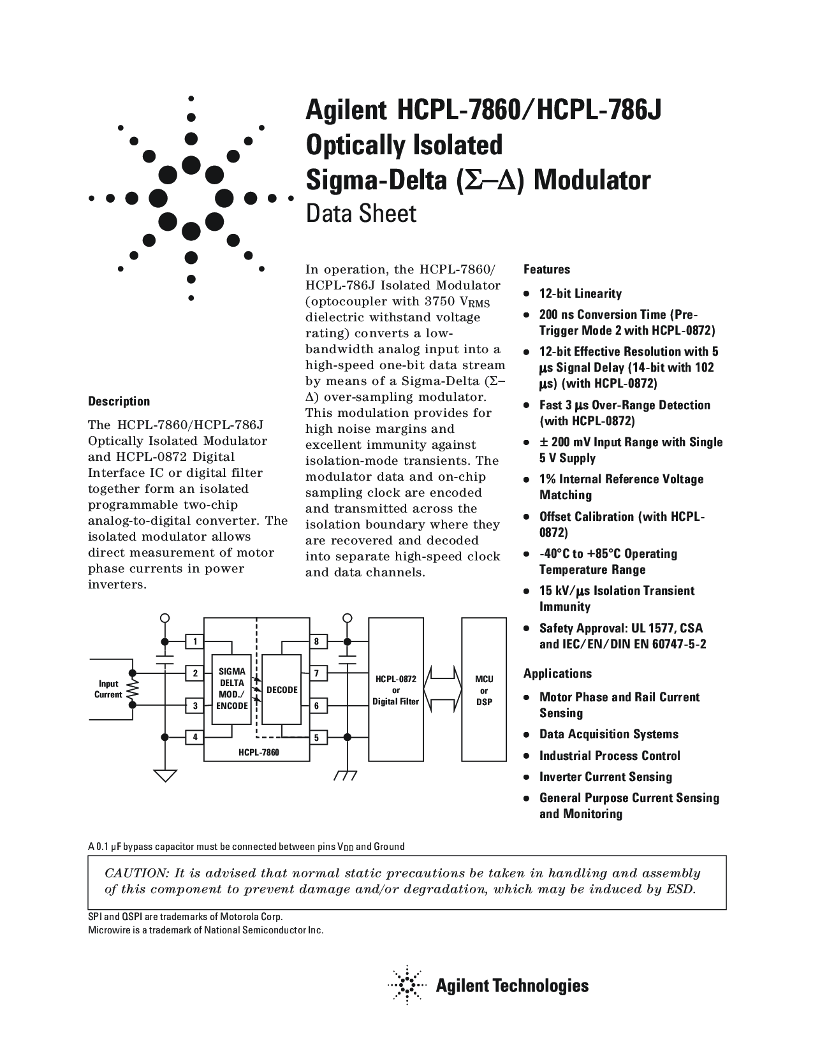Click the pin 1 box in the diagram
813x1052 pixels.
[195, 641]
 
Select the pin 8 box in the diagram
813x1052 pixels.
[317, 641]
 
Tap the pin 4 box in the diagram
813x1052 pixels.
[195, 738]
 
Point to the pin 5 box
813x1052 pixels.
[317, 738]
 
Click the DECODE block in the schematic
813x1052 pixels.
[282, 689]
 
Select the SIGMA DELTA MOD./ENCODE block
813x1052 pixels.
[231, 689]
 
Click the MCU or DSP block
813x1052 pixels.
[484, 690]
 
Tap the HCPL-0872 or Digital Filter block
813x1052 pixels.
[396, 690]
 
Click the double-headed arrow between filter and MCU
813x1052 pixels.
[444, 690]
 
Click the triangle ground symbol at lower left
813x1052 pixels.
[165, 776]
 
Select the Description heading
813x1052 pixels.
[119, 402]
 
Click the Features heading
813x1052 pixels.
[546, 270]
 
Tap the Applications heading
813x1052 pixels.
[557, 674]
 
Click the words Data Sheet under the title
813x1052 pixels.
[361, 214]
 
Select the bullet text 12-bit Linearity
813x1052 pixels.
[580, 294]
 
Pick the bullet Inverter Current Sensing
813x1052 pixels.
[605, 777]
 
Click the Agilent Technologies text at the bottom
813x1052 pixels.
[512, 986]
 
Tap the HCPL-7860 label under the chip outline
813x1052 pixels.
[259, 753]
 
